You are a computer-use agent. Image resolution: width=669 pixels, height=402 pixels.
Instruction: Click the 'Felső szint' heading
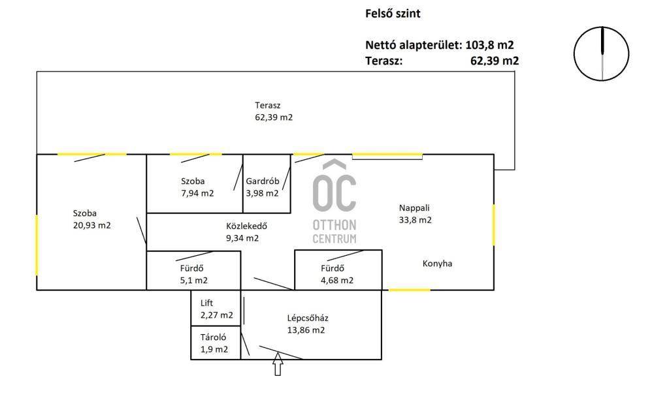[393, 14]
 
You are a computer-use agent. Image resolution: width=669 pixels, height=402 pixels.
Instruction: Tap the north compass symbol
[601, 54]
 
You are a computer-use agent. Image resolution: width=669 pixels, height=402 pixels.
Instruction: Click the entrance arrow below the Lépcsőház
[278, 364]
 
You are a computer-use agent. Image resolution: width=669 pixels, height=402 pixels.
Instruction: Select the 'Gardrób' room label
[263, 181]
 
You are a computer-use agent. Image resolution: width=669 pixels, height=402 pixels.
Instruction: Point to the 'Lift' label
[206, 303]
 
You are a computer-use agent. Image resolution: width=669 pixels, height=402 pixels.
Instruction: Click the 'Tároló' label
[214, 337]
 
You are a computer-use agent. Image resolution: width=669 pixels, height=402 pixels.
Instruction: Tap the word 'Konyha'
[437, 264]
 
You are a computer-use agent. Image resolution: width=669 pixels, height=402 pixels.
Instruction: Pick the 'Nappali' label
[414, 208]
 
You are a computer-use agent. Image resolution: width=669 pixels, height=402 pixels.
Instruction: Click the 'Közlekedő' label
[246, 226]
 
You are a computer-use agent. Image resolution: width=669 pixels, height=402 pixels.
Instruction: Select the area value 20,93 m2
[91, 225]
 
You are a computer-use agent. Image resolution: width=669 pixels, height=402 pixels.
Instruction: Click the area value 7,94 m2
[197, 193]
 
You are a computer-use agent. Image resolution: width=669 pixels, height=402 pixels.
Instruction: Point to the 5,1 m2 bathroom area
[193, 281]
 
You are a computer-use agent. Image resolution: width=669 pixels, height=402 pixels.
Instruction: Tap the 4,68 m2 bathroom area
[337, 281]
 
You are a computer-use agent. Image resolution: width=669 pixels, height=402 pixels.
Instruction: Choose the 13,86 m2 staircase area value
[306, 330]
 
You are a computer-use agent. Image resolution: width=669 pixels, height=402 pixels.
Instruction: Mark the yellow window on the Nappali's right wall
[494, 225]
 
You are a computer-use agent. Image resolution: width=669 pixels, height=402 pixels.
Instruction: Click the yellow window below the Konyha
[409, 290]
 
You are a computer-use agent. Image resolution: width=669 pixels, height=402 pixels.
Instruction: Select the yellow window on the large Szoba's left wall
[37, 245]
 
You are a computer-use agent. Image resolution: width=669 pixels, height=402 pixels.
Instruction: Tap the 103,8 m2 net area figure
[489, 45]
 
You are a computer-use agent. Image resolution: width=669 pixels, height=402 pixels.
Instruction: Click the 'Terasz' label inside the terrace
[267, 105]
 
